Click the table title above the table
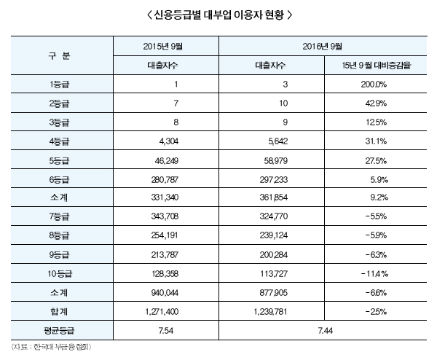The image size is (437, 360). click(x=219, y=15)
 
